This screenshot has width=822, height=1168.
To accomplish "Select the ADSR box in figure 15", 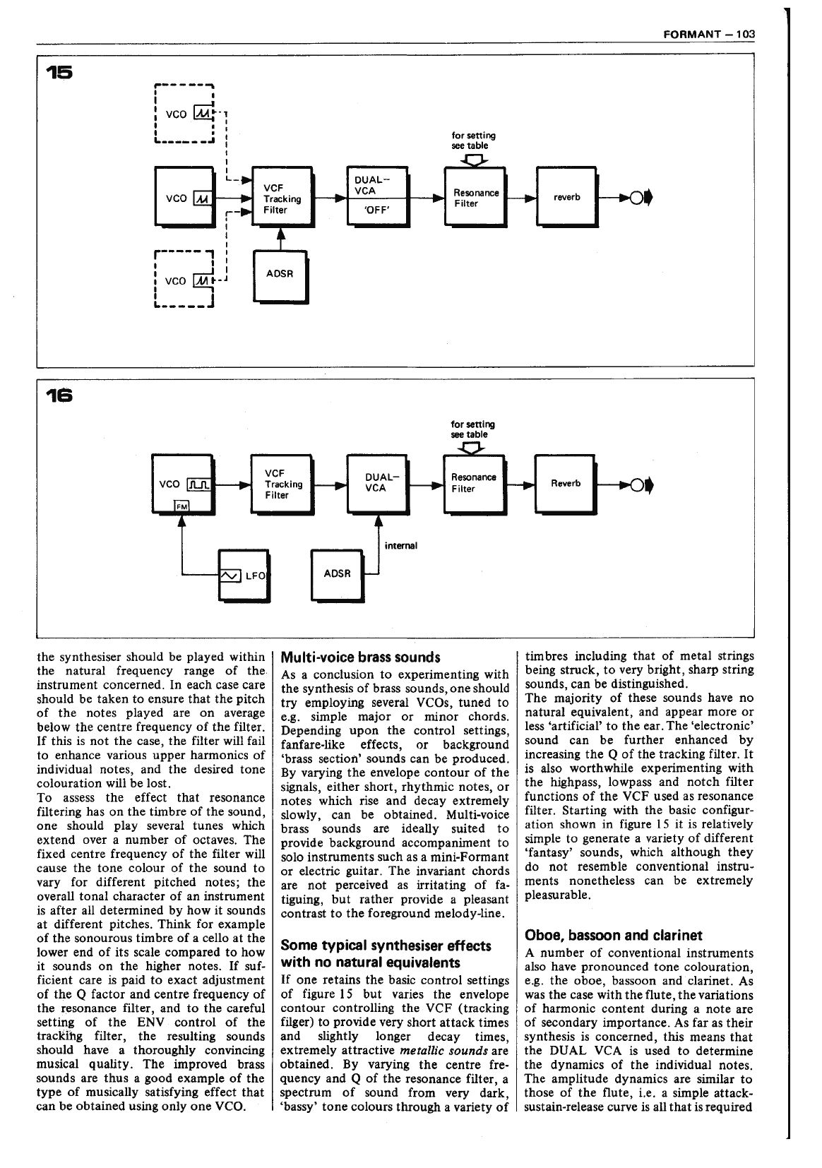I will coord(280,275).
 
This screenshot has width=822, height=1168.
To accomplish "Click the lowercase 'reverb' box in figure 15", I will coord(566,197).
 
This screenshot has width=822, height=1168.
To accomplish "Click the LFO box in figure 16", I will coord(244,576).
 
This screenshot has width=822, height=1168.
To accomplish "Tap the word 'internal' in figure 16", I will coord(401,545).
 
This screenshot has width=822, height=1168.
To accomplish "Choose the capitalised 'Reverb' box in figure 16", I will coord(566,484).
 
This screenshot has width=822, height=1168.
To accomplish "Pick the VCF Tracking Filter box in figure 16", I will coord(282,484).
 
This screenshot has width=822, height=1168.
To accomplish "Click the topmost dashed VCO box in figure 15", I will coord(184,114).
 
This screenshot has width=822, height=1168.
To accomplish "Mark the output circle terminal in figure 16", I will coord(636,484).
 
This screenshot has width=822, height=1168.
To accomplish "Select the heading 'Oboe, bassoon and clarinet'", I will coord(613,936).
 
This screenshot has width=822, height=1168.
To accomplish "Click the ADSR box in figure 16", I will coord(338,573).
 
